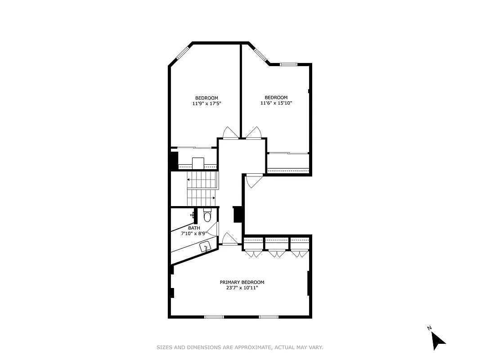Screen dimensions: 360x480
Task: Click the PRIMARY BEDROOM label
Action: click(x=242, y=282)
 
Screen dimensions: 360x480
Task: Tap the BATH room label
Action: click(x=194, y=228)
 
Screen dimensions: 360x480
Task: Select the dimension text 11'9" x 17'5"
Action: click(x=206, y=103)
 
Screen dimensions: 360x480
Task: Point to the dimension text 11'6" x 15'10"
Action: click(x=276, y=103)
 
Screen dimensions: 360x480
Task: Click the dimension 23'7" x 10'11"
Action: click(x=242, y=288)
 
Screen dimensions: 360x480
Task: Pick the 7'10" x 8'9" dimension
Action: click(x=193, y=234)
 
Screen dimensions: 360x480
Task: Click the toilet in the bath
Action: click(x=207, y=216)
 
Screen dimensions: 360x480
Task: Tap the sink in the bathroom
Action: click(x=206, y=247)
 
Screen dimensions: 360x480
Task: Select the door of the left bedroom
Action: click(x=230, y=133)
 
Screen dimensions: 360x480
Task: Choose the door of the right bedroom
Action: click(x=253, y=133)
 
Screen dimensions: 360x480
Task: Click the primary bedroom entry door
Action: click(x=230, y=239)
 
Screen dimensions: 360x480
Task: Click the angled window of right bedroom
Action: click(x=260, y=54)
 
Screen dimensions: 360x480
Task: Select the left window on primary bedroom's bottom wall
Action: click(x=214, y=317)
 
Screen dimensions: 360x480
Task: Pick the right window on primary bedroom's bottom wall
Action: click(x=269, y=317)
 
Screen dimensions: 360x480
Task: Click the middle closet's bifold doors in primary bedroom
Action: click(x=277, y=254)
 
